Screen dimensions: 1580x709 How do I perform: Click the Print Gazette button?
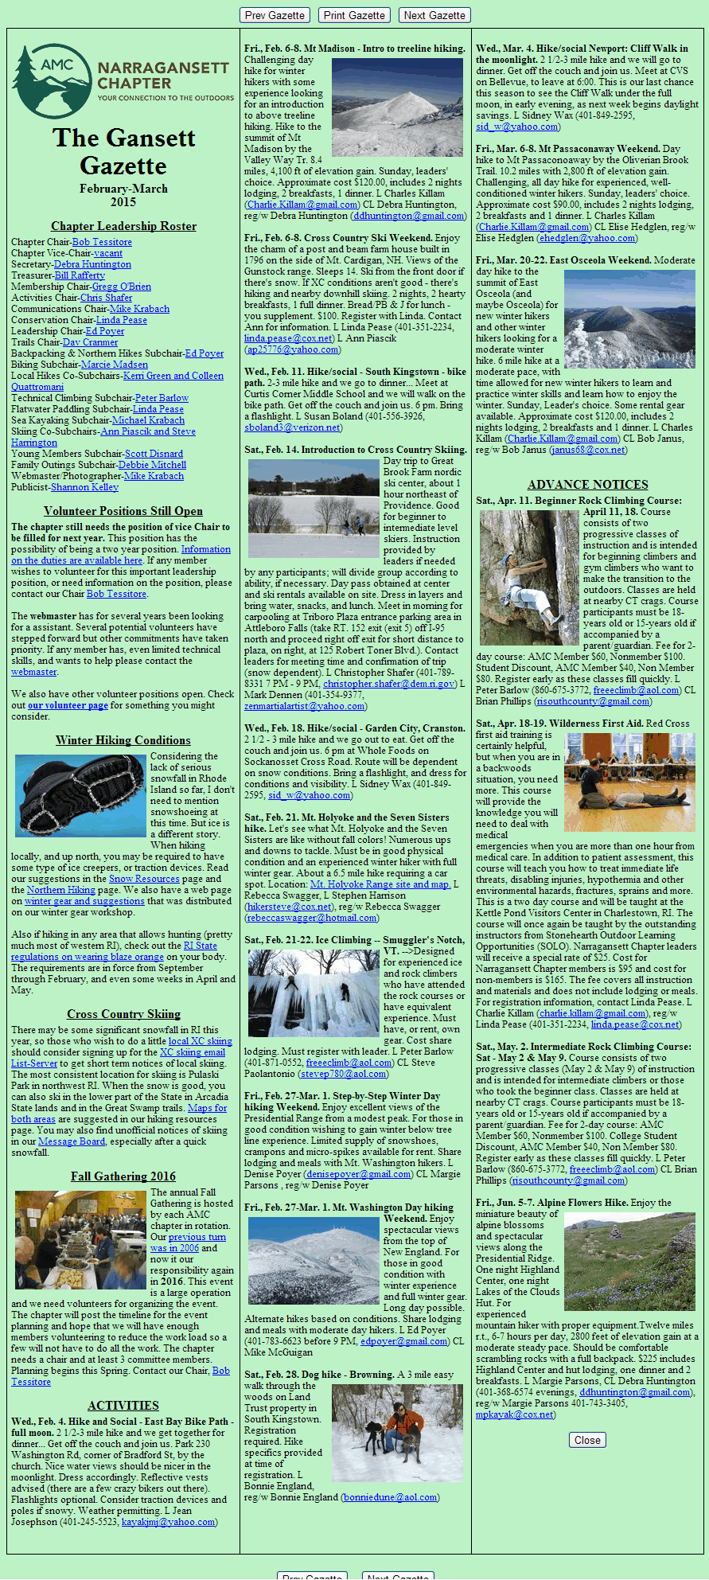pyautogui.click(x=354, y=15)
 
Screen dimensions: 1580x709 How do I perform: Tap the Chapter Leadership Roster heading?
pyautogui.click(x=123, y=226)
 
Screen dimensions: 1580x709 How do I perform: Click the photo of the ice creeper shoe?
pyautogui.click(x=80, y=796)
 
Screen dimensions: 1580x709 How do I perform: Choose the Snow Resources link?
pyautogui.click(x=144, y=879)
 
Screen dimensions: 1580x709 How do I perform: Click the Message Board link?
pyautogui.click(x=72, y=1141)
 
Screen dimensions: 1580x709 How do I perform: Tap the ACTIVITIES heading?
pyautogui.click(x=123, y=1406)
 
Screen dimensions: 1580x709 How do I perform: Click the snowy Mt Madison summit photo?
pyautogui.click(x=396, y=107)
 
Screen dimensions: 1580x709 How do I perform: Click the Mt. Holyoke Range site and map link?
pyautogui.click(x=380, y=884)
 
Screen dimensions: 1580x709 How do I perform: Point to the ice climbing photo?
pyautogui.click(x=313, y=993)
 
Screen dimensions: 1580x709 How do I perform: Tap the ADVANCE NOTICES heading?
pyautogui.click(x=587, y=484)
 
